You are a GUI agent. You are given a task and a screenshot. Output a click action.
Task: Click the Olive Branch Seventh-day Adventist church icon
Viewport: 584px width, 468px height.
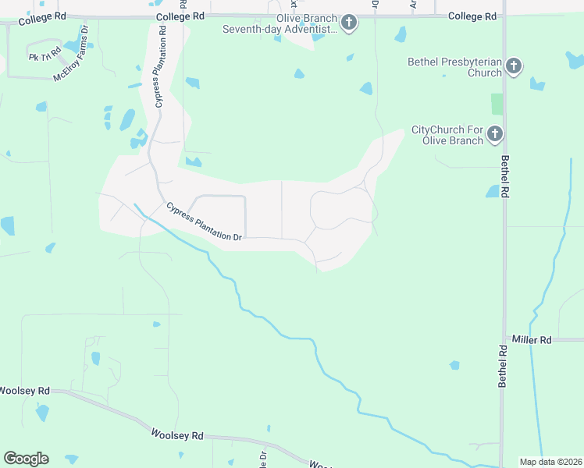(349, 23)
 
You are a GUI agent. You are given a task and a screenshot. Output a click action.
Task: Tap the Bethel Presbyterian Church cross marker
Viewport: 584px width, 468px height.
(513, 66)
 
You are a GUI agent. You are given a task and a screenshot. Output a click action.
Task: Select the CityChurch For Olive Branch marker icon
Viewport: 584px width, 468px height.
(494, 135)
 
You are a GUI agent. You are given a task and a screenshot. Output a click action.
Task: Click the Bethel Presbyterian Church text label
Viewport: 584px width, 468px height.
(454, 67)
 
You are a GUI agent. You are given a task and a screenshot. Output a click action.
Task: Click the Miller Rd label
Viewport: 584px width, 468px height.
(532, 340)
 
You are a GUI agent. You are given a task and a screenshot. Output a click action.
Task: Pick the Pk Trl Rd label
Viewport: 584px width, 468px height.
(45, 56)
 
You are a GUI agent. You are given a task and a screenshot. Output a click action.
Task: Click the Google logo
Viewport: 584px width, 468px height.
(26, 459)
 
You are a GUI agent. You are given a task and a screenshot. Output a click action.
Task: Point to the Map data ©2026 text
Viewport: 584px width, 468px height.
(550, 462)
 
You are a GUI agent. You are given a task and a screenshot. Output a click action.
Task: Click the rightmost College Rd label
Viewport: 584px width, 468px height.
(472, 16)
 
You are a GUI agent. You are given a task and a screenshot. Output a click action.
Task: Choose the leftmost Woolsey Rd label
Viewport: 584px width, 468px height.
(24, 390)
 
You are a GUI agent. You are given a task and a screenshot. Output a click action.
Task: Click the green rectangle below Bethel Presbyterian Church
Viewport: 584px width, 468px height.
(497, 104)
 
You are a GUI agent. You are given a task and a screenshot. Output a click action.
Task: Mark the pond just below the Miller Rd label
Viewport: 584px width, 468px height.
(454, 365)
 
